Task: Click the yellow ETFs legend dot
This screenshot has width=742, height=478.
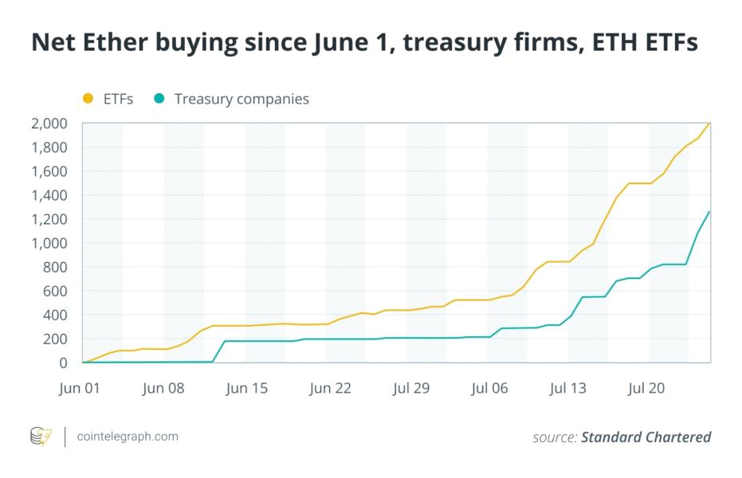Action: pos(88,99)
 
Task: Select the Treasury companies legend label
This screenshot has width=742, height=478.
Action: pos(241,99)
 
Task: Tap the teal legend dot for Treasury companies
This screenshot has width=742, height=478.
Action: pos(159,99)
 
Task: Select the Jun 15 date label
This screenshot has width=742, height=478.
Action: pos(246,389)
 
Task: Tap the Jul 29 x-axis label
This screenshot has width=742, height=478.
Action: pos(411,389)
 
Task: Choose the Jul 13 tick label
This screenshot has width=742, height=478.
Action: pos(568,389)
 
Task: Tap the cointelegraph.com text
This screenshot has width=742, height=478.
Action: pos(128,437)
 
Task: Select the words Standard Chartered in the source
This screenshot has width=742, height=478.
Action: pos(646,437)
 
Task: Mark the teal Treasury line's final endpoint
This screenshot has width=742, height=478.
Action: pos(709,212)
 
